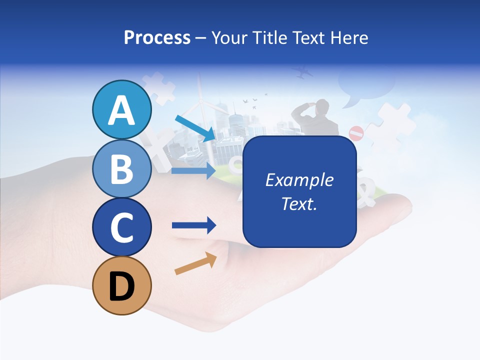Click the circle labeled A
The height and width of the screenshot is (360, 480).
point(121,110)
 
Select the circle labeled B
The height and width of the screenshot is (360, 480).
point(121,168)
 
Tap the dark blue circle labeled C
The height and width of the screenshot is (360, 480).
point(121,227)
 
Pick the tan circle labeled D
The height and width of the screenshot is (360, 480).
point(121,285)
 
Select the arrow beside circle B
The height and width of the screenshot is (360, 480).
point(193,170)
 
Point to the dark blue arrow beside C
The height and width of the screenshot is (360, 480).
point(193,225)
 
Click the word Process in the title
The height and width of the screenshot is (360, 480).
point(157,37)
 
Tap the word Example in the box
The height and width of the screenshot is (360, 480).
point(299,180)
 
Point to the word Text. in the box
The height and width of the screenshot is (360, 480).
point(299,203)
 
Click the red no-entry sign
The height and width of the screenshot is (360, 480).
point(356,133)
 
